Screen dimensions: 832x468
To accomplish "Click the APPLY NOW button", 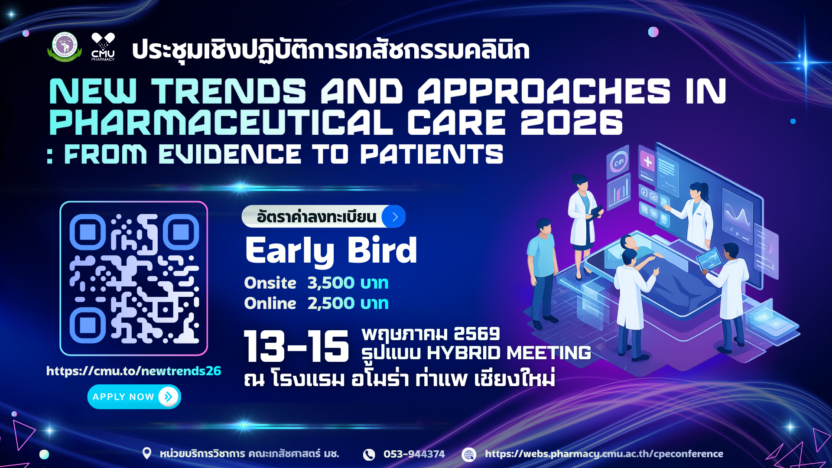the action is click(134, 396).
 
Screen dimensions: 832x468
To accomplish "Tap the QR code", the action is click(134, 278).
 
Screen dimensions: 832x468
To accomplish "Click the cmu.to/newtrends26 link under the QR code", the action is click(133, 371).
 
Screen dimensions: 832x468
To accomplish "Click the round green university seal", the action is click(65, 47).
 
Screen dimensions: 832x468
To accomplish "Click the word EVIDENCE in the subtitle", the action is click(230, 155).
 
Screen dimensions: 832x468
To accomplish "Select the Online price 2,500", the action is click(331, 303).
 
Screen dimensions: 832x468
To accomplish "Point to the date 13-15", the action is click(296, 346).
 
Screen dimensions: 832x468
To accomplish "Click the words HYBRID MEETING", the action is click(509, 353).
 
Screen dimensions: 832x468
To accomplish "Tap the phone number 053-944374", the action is click(414, 454).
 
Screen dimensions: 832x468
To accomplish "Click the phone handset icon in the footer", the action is click(369, 454).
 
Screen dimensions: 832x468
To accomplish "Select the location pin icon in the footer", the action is click(147, 453).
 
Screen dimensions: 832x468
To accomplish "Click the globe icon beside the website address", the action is click(469, 454).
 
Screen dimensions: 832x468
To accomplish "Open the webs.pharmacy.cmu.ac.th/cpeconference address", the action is click(604, 454).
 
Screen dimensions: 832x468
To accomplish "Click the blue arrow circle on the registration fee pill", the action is click(394, 217).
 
